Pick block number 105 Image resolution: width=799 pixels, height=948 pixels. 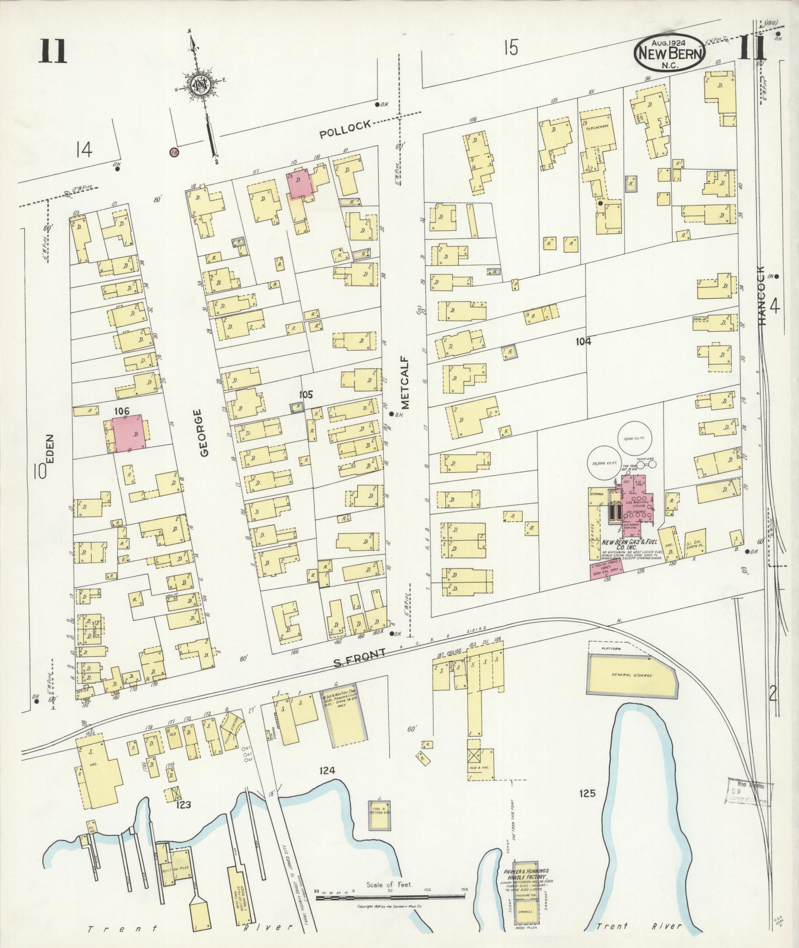coord(306,394)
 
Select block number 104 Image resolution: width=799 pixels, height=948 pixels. coord(584,340)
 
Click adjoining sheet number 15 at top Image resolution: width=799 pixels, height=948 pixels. coord(511,49)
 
